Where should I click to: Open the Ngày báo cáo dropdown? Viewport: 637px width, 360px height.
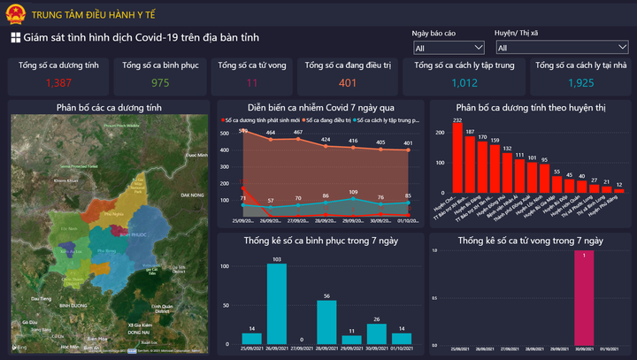pos(449,48)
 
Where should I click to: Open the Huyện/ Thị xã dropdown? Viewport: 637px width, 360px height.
pos(562,48)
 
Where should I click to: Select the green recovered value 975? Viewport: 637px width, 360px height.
pos(160,83)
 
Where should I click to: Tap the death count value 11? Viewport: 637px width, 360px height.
pos(252,83)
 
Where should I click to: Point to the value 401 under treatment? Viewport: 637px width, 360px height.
pos(348,83)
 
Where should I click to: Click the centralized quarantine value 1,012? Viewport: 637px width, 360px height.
pos(464,83)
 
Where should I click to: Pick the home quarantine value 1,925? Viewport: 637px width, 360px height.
pos(580,83)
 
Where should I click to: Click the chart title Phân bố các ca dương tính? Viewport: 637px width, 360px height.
pos(109,108)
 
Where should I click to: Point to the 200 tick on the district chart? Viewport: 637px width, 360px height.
pos(439,133)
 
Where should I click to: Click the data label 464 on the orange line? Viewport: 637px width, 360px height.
pos(271,134)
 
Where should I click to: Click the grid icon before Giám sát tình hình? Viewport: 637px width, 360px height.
pos(15,37)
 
